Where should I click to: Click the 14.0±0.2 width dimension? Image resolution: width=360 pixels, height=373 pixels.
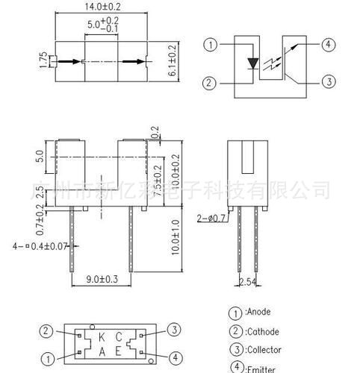(103, 7)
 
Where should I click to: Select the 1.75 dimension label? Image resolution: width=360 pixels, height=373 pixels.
(44, 60)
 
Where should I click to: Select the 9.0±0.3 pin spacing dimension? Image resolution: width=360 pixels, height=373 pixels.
(102, 280)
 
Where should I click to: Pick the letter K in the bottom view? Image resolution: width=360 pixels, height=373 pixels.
(102, 337)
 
